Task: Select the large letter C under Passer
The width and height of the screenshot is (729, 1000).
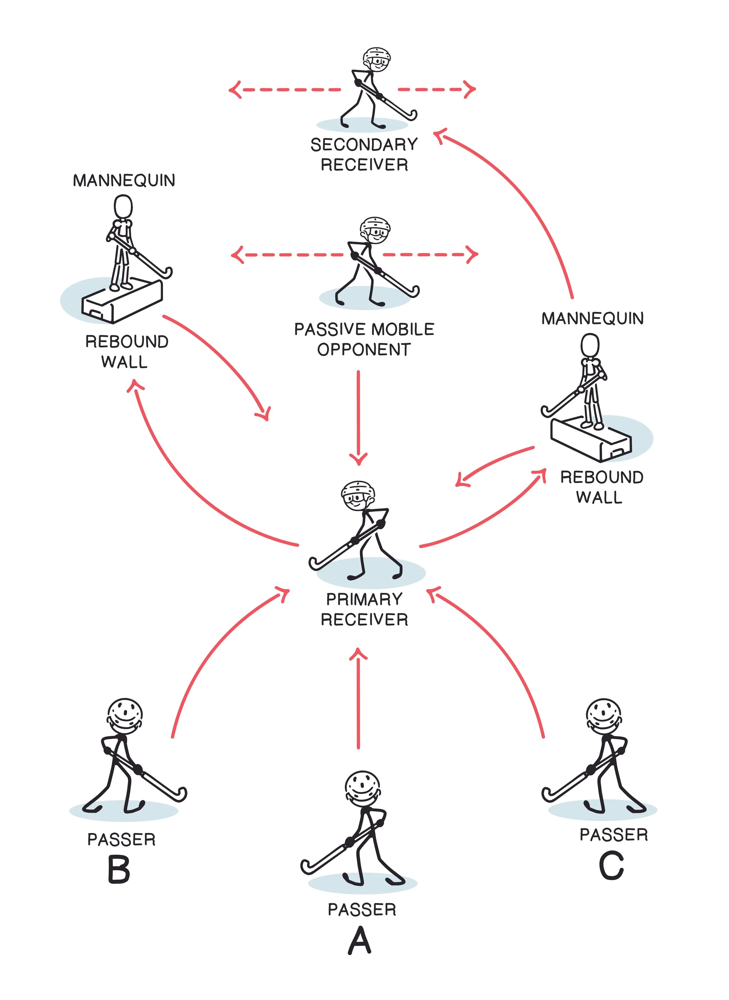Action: pos(611,866)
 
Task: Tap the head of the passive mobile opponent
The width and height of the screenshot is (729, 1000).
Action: pos(375,229)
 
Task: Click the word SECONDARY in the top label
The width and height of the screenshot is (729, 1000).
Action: pos(364,145)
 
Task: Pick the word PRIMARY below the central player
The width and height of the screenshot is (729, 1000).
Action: pos(364,599)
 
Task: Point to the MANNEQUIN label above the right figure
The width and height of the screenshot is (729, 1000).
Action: pos(592,318)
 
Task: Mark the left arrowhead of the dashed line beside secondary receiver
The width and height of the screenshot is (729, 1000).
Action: pos(234,90)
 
